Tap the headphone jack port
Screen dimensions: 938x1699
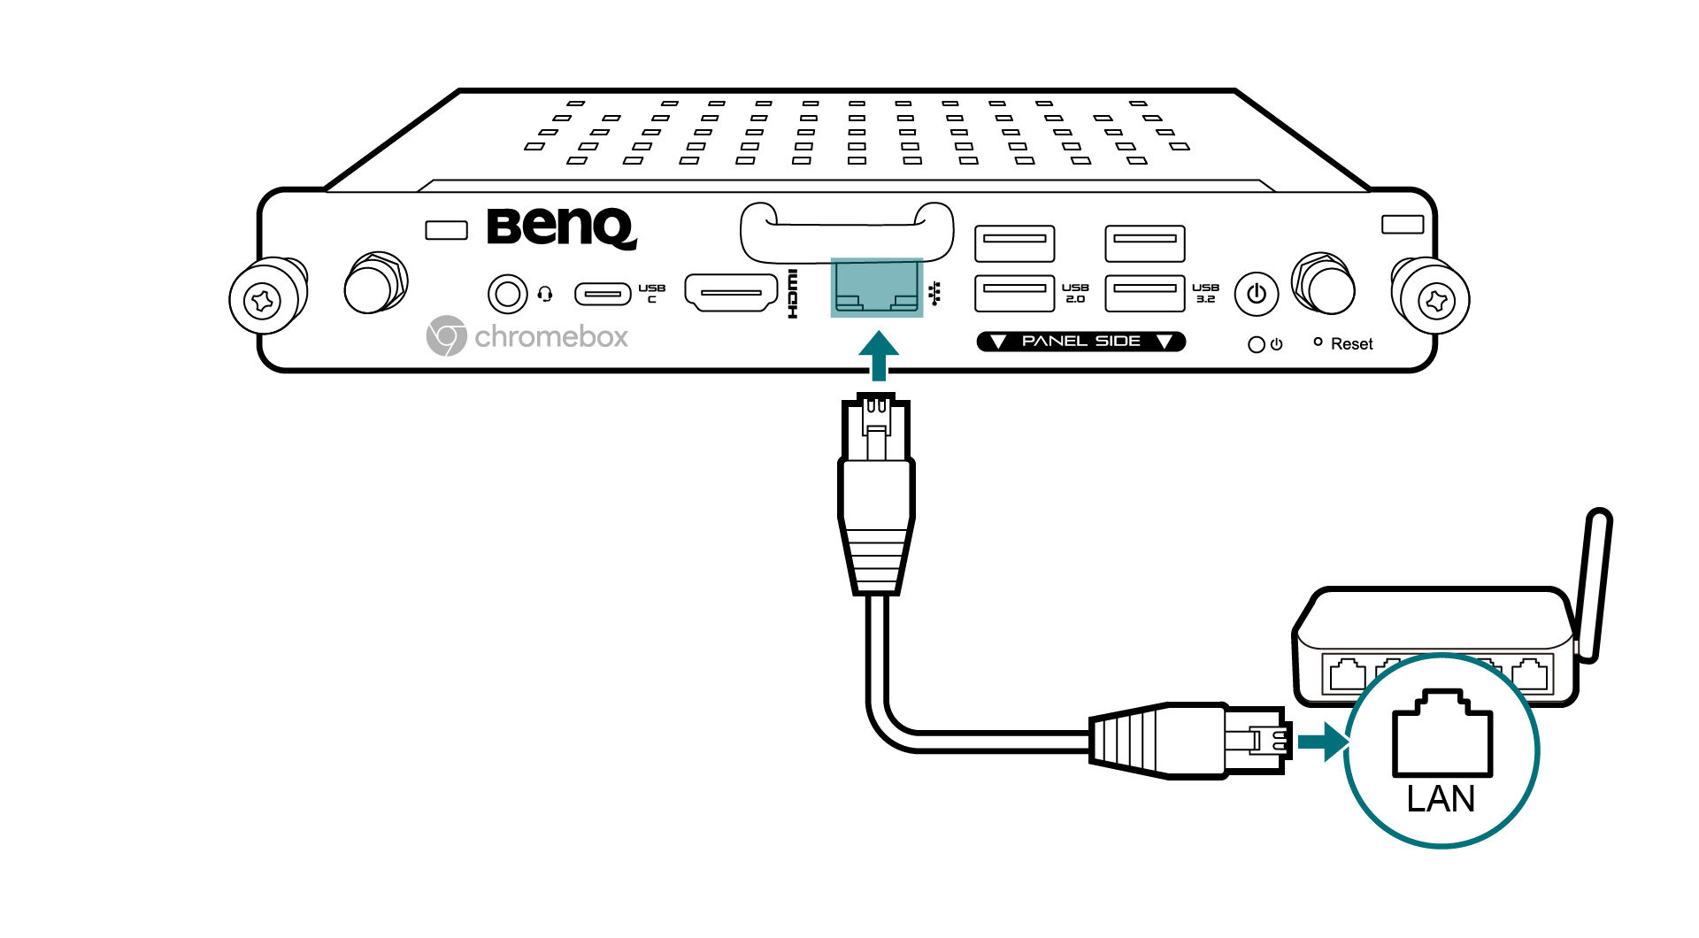click(x=507, y=293)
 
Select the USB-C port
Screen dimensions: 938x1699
click(x=603, y=293)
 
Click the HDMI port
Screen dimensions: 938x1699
click(x=730, y=293)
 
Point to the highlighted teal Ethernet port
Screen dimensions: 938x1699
click(x=876, y=288)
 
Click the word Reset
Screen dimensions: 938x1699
click(x=1351, y=344)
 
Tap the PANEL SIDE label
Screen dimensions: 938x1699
click(x=1080, y=342)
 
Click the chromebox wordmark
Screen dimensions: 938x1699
click(x=550, y=337)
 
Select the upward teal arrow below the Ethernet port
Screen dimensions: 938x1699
click(x=879, y=356)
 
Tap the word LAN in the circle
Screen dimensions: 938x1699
click(x=1441, y=799)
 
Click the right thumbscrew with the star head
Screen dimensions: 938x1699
click(x=1435, y=301)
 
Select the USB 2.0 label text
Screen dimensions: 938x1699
click(x=1075, y=293)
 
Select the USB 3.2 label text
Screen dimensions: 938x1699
click(x=1205, y=293)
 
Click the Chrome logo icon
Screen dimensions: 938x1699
click(x=446, y=336)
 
